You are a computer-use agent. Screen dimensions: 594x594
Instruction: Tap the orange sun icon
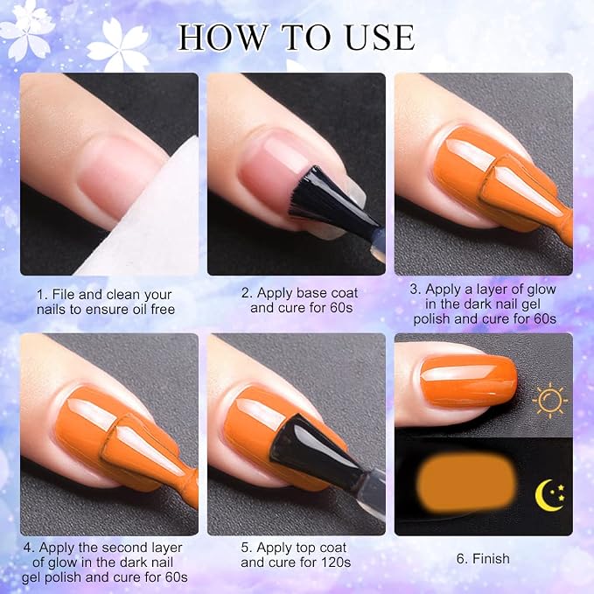click(549, 400)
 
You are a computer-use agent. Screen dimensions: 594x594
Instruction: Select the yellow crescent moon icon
click(549, 495)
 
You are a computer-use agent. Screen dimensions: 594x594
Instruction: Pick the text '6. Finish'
click(483, 559)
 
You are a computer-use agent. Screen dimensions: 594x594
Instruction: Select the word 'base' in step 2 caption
click(311, 293)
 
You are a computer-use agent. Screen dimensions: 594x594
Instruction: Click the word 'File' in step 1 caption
click(64, 294)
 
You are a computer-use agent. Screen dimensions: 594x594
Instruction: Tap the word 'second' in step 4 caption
click(126, 548)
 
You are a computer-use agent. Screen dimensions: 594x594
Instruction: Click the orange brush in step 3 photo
click(527, 193)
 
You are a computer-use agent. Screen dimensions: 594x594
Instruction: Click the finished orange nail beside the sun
click(469, 381)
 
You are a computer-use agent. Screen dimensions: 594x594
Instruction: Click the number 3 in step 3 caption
click(414, 290)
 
